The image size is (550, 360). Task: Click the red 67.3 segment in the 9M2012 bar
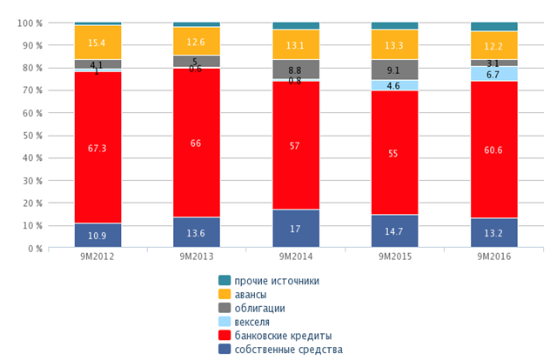point(97,148)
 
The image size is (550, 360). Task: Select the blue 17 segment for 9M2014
point(296,230)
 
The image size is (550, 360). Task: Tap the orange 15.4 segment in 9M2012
point(97,43)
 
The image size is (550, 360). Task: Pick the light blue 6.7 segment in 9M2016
point(493,74)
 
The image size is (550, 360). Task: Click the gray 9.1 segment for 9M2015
point(395,70)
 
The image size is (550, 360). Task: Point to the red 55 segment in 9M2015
point(395,153)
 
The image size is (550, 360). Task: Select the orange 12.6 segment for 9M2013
point(197,41)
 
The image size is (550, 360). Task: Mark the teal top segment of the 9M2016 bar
point(493,27)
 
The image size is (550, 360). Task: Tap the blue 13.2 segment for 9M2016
point(493,233)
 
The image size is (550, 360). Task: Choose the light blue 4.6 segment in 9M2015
point(395,85)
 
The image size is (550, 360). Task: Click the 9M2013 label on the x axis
point(197,258)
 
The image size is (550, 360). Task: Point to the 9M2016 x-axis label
point(493,258)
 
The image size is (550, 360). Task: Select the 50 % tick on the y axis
point(32,136)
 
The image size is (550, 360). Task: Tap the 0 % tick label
point(36,249)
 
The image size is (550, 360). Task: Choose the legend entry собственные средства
point(287,350)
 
